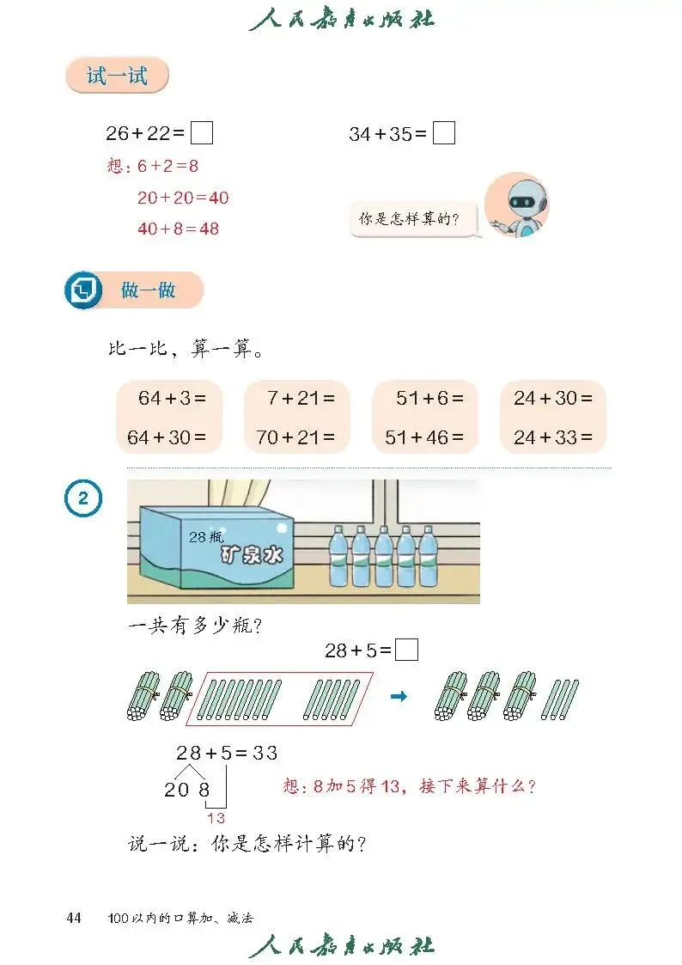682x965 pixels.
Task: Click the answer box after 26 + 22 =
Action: pyautogui.click(x=202, y=133)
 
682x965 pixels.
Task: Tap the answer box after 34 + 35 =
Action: pyautogui.click(x=444, y=133)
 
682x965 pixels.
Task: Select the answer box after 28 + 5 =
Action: pyautogui.click(x=407, y=650)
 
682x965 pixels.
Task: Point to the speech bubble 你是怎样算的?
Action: pyautogui.click(x=408, y=219)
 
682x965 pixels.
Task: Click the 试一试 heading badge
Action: pyautogui.click(x=117, y=76)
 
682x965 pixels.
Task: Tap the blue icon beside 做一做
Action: pyautogui.click(x=83, y=290)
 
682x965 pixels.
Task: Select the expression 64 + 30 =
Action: pyautogui.click(x=167, y=437)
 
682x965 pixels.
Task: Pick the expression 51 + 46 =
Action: pyautogui.click(x=423, y=437)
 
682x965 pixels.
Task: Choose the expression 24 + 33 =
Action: pyautogui.click(x=553, y=437)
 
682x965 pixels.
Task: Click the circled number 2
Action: pyautogui.click(x=83, y=498)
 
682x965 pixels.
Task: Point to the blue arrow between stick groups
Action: pyautogui.click(x=399, y=696)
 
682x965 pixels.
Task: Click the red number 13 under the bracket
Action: pyautogui.click(x=216, y=818)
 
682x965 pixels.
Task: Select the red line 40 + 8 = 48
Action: pyautogui.click(x=178, y=229)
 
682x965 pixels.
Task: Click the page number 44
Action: pyautogui.click(x=74, y=919)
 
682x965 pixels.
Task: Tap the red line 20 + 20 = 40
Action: pyautogui.click(x=183, y=198)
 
